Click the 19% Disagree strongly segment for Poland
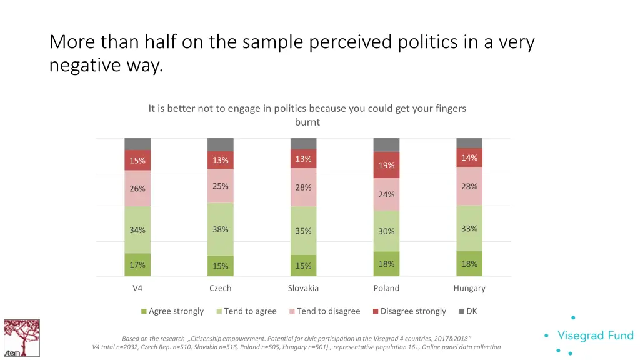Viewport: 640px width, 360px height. (x=386, y=165)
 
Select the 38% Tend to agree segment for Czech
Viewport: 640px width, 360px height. (x=220, y=229)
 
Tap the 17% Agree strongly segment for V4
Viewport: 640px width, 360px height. (x=137, y=265)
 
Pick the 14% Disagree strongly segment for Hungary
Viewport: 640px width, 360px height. (x=469, y=157)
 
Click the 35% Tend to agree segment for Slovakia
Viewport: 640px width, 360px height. (x=303, y=231)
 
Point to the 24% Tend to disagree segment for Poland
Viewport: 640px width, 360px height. (x=386, y=194)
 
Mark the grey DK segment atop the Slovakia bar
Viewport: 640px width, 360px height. (x=303, y=143)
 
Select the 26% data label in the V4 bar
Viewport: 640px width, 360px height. (x=137, y=189)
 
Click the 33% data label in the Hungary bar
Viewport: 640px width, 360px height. (x=469, y=229)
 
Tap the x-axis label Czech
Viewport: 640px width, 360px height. (x=220, y=288)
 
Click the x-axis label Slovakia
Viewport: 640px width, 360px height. (x=303, y=288)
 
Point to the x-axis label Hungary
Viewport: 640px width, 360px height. (x=469, y=288)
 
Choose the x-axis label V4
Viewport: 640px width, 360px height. (x=137, y=288)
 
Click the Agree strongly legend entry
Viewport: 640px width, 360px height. (x=172, y=311)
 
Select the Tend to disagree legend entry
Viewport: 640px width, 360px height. (x=324, y=311)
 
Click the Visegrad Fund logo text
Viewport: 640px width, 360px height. (x=595, y=336)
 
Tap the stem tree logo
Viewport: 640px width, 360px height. (x=21, y=338)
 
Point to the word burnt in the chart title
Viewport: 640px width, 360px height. (x=307, y=122)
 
